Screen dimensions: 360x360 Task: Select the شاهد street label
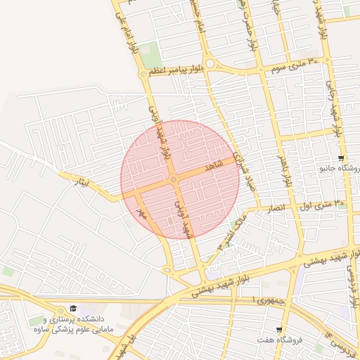pyautogui.click(x=212, y=167)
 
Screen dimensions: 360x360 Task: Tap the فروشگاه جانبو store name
pyautogui.click(x=340, y=169)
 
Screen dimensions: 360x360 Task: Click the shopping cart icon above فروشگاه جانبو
pyautogui.click(x=341, y=158)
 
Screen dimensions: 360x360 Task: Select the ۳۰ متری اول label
pyautogui.click(x=323, y=205)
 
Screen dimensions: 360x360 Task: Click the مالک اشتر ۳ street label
pyautogui.click(x=233, y=236)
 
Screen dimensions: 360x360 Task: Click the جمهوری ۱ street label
pyautogui.click(x=264, y=300)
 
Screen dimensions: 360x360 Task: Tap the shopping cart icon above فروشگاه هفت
pyautogui.click(x=279, y=329)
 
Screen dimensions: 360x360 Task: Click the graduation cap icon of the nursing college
pyautogui.click(x=73, y=309)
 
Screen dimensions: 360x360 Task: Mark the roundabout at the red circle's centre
pyautogui.click(x=173, y=180)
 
